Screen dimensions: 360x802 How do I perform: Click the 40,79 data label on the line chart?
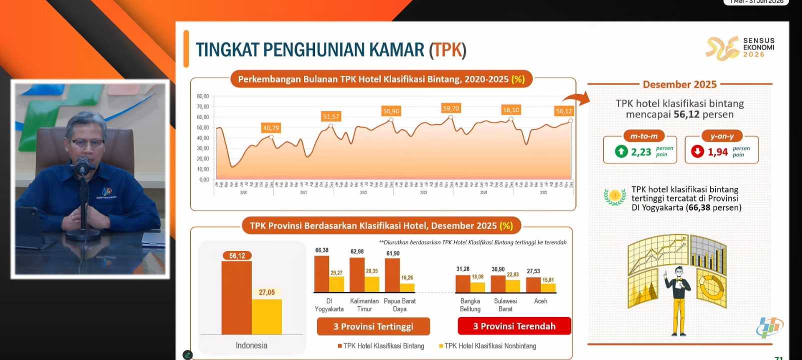(271, 128)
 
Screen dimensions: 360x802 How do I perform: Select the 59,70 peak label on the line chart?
(450, 108)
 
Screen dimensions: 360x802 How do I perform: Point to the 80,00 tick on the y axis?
(203, 96)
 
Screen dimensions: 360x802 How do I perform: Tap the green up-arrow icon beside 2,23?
(621, 151)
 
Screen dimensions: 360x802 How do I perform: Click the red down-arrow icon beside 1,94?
(697, 151)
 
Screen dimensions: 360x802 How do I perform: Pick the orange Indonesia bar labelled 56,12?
(236, 297)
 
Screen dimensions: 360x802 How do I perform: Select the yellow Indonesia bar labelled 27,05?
(267, 316)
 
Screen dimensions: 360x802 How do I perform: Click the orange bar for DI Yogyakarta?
(321, 274)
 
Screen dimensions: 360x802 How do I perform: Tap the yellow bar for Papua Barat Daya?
(407, 287)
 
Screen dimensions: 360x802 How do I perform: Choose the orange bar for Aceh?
(533, 284)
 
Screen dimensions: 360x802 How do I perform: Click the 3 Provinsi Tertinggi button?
(373, 326)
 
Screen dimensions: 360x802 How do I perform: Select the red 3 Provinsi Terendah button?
(514, 326)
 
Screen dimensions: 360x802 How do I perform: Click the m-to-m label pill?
(644, 136)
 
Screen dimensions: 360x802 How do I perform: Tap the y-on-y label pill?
(722, 136)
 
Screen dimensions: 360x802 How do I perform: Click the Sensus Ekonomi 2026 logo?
(740, 47)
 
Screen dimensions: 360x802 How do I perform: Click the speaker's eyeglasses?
(87, 143)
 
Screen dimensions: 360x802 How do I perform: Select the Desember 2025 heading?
(679, 84)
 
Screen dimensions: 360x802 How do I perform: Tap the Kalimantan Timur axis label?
(364, 305)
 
